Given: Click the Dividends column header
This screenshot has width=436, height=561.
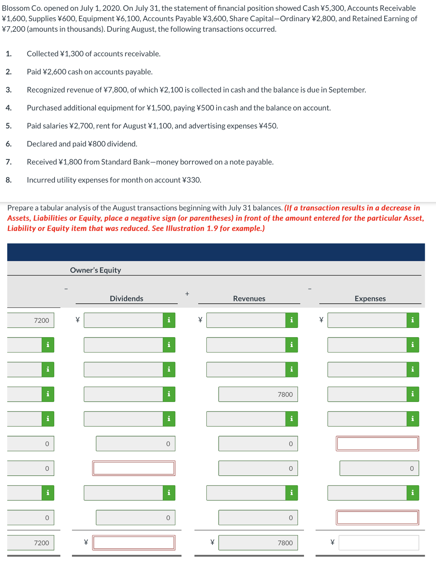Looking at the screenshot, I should click(126, 299).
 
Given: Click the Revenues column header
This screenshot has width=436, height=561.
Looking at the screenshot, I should click(249, 299).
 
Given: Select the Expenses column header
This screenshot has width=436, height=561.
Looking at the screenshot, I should click(370, 299).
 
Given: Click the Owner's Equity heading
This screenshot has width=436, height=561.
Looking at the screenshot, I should click(96, 270).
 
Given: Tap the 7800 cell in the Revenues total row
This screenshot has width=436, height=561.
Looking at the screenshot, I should click(258, 543).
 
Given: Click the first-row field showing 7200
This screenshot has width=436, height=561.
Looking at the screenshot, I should click(31, 320).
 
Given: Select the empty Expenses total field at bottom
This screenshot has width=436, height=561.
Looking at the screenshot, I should click(379, 543).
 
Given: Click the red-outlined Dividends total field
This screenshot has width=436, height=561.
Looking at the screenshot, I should click(134, 543).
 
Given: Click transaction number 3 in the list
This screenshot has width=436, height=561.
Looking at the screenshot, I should click(9, 90).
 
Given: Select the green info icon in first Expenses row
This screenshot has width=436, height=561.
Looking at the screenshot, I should click(413, 320).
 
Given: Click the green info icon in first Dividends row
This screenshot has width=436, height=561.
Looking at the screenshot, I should click(169, 320).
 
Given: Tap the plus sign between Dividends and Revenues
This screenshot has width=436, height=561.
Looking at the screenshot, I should click(187, 293).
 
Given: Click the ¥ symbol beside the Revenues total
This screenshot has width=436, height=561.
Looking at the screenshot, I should click(212, 543).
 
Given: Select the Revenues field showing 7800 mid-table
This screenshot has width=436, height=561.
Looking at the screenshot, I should click(258, 394).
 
